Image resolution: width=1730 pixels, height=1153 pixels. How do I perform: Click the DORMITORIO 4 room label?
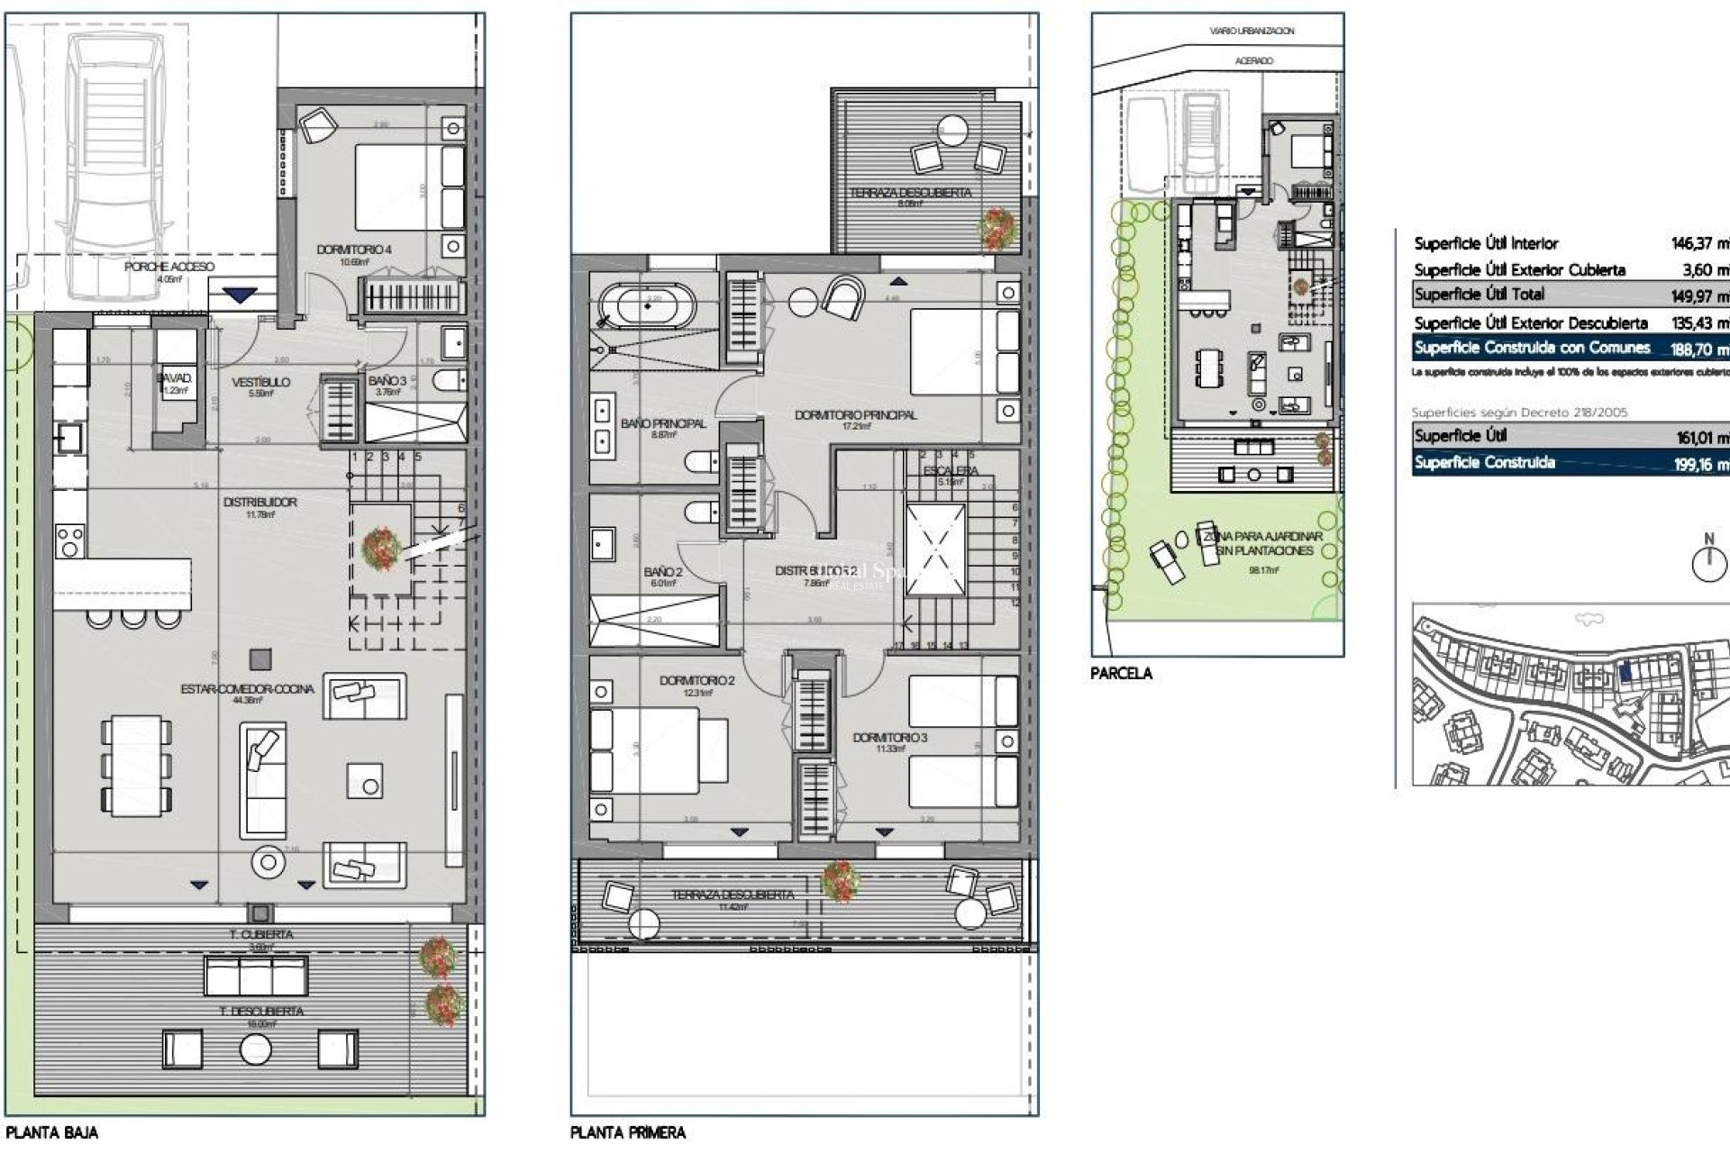[354, 250]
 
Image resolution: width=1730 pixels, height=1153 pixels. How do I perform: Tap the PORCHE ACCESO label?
[169, 268]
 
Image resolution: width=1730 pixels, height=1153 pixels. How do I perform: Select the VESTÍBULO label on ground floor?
[260, 382]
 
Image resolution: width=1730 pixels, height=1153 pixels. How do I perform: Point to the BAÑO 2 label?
[662, 572]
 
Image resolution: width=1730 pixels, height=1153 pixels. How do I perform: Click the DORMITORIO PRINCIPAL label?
[855, 415]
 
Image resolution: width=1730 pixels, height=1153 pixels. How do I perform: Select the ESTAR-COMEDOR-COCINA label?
[247, 689]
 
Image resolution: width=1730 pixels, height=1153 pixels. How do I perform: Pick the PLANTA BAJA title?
[52, 1133]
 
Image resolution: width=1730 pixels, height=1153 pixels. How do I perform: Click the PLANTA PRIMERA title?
[628, 1133]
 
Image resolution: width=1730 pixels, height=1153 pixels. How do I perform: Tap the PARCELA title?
[1121, 673]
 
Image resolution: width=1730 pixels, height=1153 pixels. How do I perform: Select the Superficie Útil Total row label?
[1479, 295]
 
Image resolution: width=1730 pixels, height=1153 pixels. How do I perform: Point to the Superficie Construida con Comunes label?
[1532, 348]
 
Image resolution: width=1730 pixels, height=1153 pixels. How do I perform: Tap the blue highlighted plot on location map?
[1625, 670]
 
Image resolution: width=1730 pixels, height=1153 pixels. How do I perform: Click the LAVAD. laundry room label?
[175, 379]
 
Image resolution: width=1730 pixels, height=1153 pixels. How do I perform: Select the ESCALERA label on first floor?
[951, 471]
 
